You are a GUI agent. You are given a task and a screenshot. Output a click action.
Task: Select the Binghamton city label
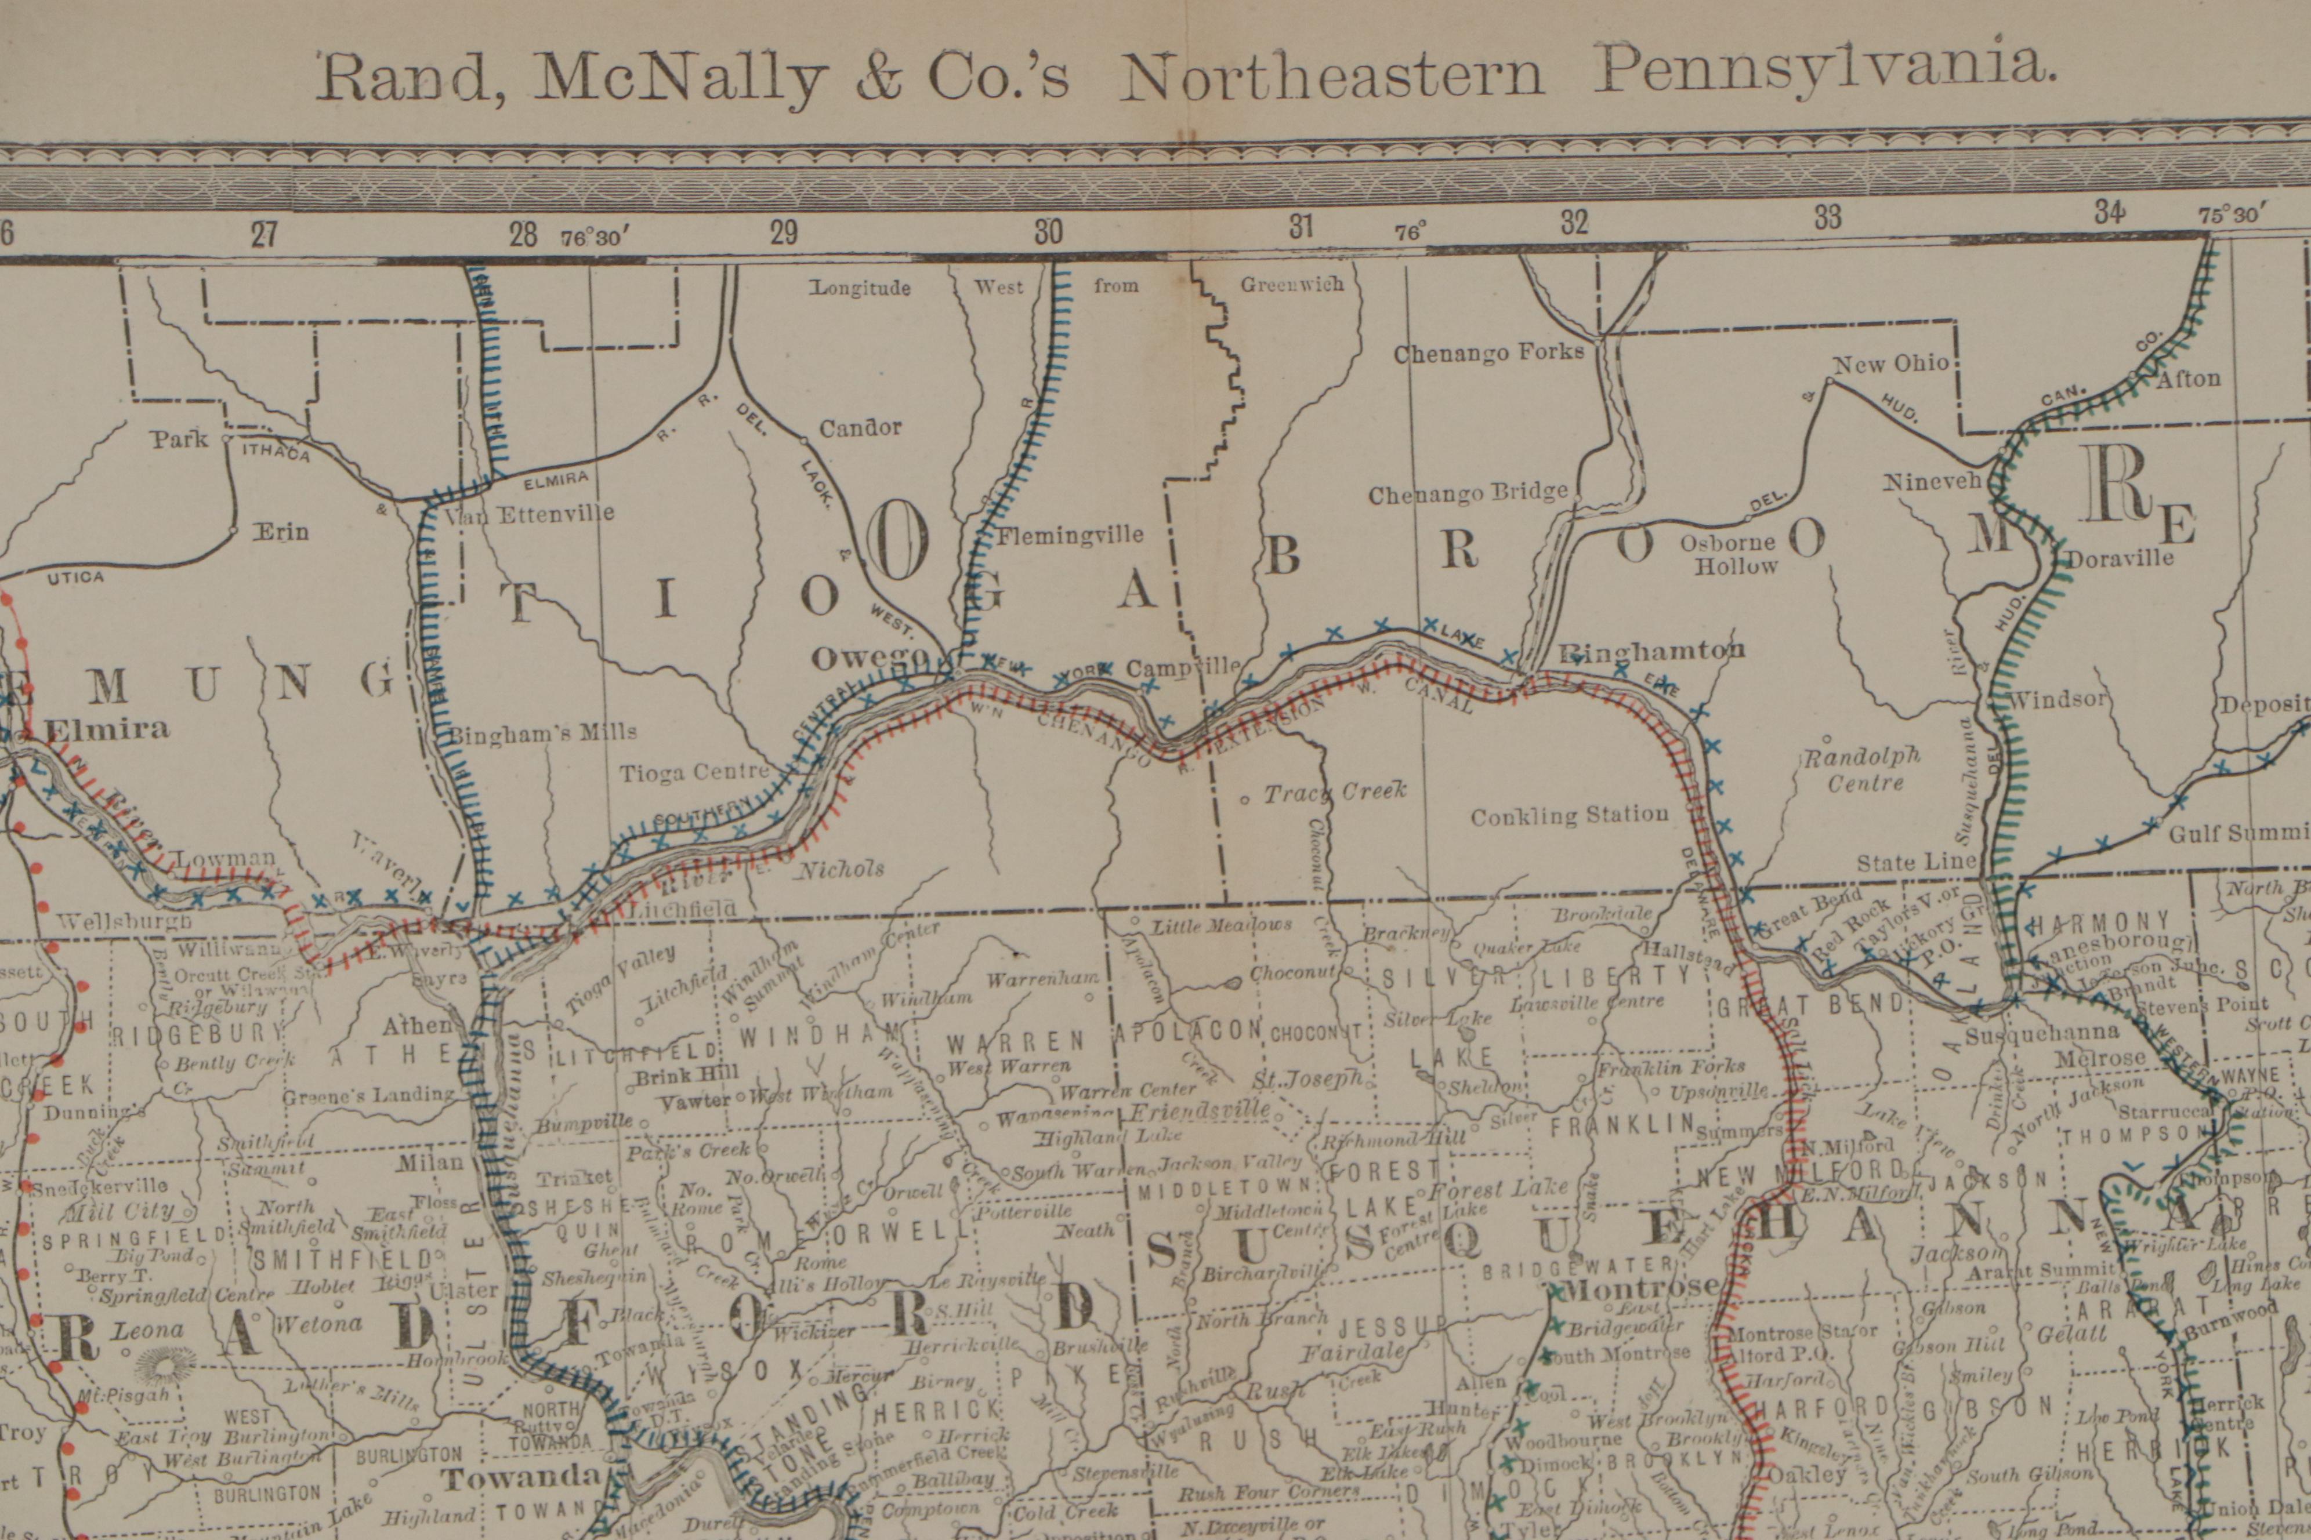(x=1653, y=650)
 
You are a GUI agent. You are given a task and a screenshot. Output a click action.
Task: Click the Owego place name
(x=868, y=658)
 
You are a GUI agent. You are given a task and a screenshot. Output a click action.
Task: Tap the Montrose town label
(x=1641, y=1287)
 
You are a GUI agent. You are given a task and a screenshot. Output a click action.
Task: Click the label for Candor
(x=860, y=427)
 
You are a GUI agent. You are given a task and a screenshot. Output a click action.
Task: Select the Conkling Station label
(x=1569, y=815)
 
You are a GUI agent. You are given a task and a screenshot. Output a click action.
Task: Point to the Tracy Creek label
(x=1334, y=791)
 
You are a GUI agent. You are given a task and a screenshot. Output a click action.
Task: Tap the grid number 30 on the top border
(x=1048, y=232)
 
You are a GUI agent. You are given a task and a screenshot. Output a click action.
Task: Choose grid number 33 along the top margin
(x=1828, y=217)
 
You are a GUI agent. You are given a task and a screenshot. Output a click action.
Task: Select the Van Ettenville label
(x=531, y=513)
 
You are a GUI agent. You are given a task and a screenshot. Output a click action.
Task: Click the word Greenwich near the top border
(x=1291, y=285)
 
